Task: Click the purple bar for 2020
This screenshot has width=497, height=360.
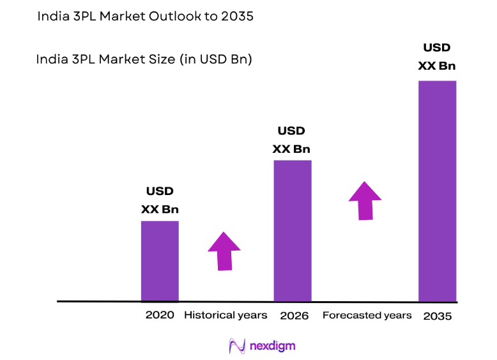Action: click(160, 260)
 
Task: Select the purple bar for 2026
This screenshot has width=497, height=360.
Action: click(293, 230)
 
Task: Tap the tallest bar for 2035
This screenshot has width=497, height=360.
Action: click(437, 190)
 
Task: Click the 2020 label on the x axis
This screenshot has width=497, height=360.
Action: click(160, 315)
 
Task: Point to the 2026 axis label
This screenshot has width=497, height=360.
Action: click(294, 316)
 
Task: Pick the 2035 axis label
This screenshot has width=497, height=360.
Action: click(438, 316)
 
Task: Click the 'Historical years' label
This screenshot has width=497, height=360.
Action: click(226, 315)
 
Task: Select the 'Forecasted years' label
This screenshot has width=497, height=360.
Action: click(367, 315)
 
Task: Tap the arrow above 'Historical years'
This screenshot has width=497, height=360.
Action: click(224, 250)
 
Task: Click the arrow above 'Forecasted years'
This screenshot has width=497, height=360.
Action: click(365, 201)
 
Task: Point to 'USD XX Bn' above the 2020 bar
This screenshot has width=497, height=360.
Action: click(160, 200)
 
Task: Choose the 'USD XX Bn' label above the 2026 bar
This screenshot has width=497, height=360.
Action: click(291, 139)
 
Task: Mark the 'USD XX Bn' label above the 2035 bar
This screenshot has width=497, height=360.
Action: click(437, 56)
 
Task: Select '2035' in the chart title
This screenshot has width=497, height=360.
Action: click(238, 17)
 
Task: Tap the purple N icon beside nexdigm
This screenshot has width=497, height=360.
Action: click(237, 346)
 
